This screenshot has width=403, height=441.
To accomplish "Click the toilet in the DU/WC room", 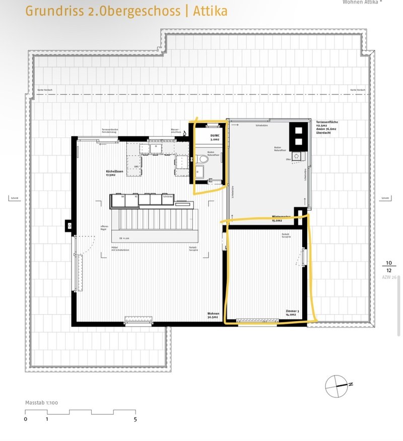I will click(x=203, y=160).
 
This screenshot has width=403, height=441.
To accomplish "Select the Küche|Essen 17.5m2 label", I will click(x=115, y=173).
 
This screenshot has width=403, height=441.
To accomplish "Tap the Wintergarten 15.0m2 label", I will click(x=283, y=218).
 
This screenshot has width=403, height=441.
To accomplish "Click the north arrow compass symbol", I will click(x=337, y=387).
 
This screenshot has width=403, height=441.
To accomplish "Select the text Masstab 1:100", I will click(x=41, y=403).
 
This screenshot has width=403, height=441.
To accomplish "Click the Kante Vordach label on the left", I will click(x=44, y=90).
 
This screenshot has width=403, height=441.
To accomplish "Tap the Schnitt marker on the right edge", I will click(x=386, y=198).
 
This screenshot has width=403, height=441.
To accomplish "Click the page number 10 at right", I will click(x=388, y=263).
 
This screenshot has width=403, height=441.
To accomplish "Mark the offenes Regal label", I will click(x=105, y=228).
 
